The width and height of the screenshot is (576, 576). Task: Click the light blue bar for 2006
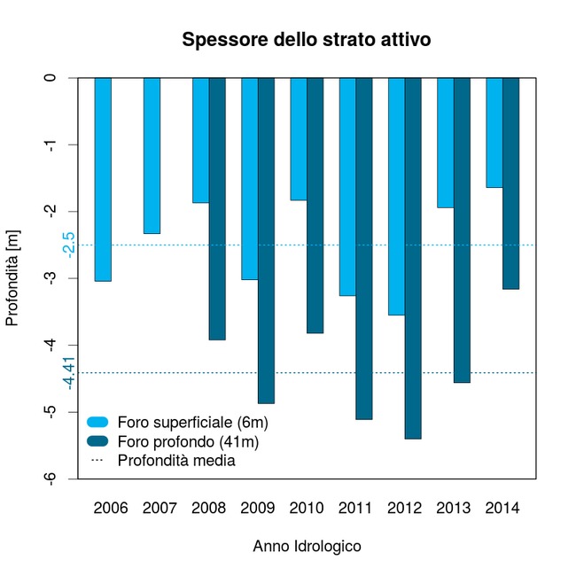tap(103, 179)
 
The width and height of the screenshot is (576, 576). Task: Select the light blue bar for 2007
tap(152, 155)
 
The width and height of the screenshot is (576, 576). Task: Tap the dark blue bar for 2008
tap(217, 208)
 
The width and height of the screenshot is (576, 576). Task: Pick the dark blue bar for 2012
tap(413, 258)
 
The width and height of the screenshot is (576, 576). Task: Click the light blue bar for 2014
tap(494, 132)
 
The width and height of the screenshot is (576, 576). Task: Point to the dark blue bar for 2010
tap(315, 205)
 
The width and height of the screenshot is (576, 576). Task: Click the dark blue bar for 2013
tap(462, 230)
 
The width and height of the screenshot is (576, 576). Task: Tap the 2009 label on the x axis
tap(258, 509)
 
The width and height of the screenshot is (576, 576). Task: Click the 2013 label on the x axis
tap(454, 509)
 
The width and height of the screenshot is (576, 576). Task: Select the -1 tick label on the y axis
tap(51, 144)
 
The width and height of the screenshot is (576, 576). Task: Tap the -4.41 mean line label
tap(67, 372)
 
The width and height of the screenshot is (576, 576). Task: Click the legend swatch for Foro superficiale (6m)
tap(97, 421)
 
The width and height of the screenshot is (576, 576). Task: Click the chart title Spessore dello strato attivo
tap(306, 40)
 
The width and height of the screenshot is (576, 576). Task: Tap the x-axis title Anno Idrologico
tap(307, 547)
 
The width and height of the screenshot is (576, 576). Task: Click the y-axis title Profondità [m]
tap(12, 277)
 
